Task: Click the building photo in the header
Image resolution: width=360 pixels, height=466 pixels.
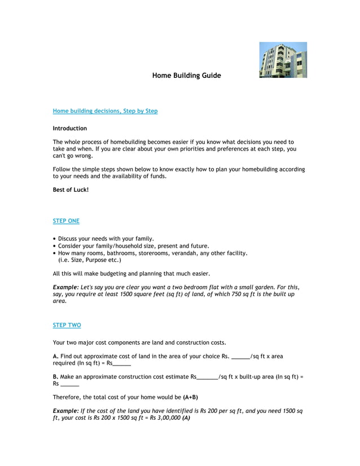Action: [283, 60]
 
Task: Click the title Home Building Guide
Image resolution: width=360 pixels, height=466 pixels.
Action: [186, 76]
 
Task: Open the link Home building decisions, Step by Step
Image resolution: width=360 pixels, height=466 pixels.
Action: [105, 111]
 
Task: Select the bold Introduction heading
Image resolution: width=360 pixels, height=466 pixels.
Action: [70, 129]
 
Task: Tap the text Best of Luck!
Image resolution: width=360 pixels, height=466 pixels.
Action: [71, 190]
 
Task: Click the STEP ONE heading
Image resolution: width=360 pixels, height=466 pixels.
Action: [66, 221]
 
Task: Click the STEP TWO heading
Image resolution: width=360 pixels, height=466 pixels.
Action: [67, 326]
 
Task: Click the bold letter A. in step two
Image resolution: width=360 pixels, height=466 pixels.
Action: [55, 357]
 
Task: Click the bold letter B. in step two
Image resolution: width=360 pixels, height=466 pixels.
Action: [55, 377]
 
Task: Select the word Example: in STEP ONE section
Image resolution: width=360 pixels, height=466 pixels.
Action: [66, 287]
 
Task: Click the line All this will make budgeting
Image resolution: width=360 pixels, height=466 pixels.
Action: [131, 274]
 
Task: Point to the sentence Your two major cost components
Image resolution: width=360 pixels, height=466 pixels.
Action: [139, 342]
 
